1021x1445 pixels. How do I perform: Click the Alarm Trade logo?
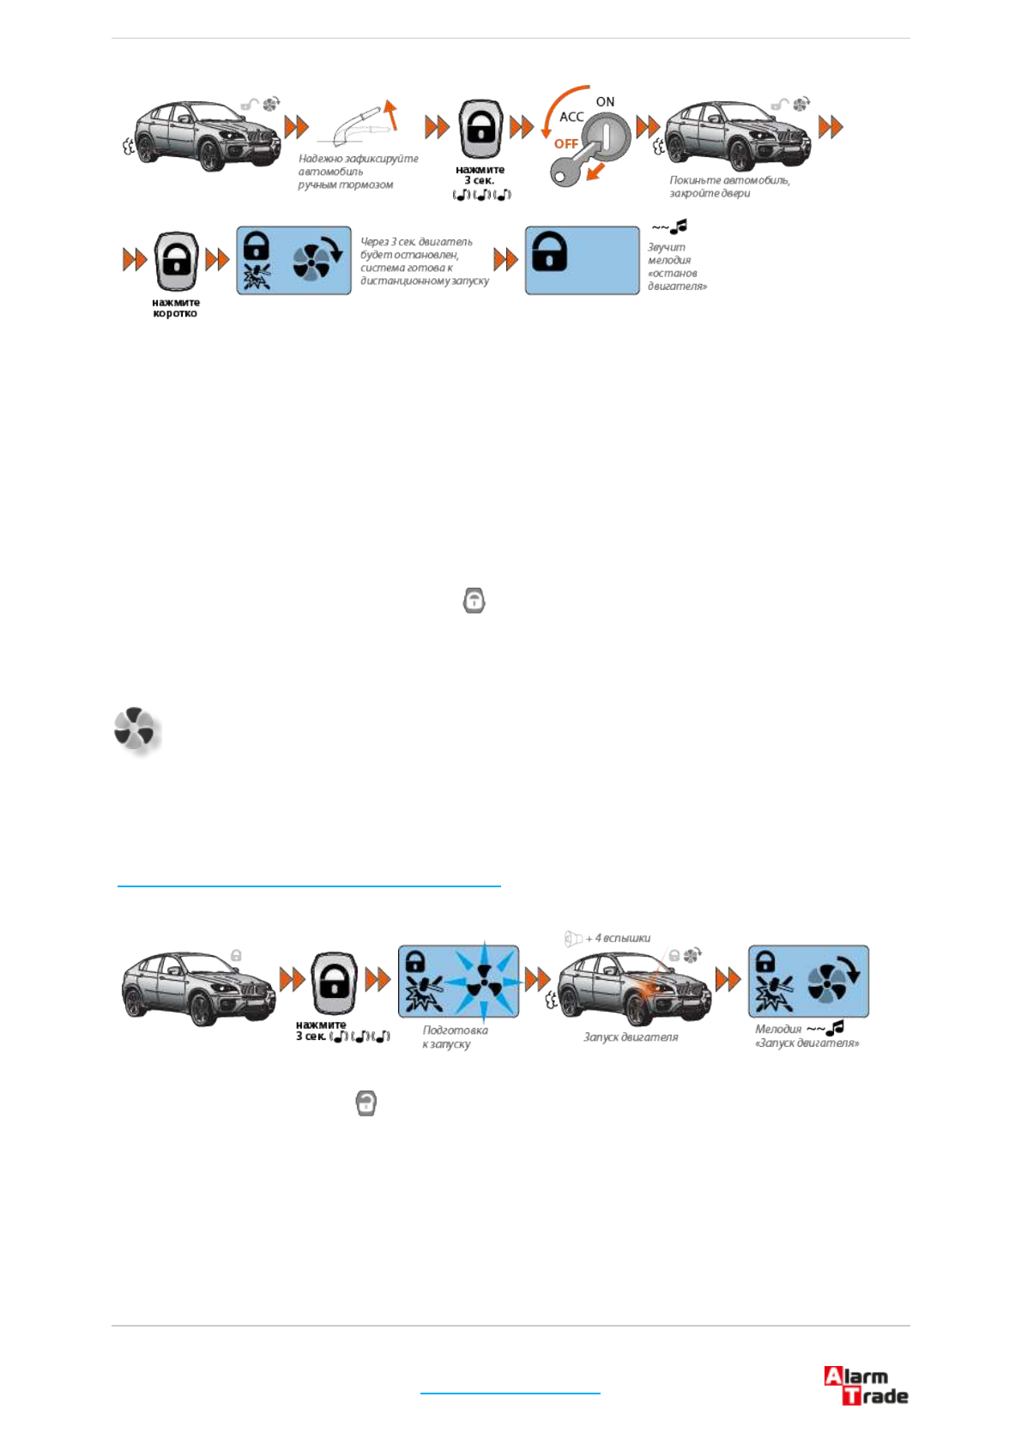pos(865,1385)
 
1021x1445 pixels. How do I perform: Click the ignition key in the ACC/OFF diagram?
pos(571,171)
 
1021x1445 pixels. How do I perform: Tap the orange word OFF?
pos(565,143)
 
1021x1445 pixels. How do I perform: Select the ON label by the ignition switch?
pos(605,101)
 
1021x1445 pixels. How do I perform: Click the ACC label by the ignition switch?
pos(571,117)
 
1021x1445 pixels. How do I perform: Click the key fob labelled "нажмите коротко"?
pos(176,260)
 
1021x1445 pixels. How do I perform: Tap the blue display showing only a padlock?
pos(582,260)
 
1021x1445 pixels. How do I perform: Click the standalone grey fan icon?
pos(135,729)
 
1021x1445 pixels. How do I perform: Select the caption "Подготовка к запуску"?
pos(455,1037)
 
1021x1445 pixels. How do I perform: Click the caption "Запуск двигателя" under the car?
pos(631,1037)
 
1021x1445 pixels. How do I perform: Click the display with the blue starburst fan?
pos(458,981)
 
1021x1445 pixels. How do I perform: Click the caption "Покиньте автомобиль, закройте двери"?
pos(729,186)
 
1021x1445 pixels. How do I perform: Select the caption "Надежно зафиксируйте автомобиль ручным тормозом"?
pos(358,172)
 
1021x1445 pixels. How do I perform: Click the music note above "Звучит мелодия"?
pos(679,227)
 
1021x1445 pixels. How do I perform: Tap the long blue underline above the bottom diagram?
pos(309,885)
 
